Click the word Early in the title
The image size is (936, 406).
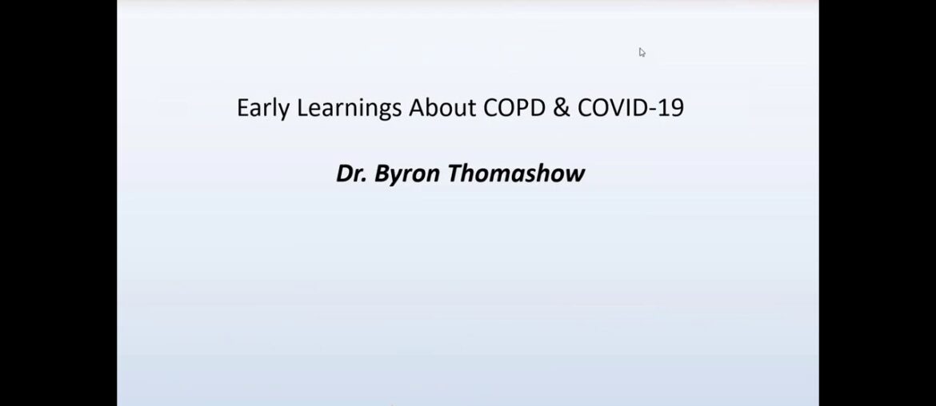pos(263,109)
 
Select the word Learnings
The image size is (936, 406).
pos(350,109)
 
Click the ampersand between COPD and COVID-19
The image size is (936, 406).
pos(562,109)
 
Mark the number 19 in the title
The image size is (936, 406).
pos(673,109)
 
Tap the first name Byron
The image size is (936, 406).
pos(406,174)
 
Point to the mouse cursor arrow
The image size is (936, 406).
pos(642,52)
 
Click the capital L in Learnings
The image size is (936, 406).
pos(302,109)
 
